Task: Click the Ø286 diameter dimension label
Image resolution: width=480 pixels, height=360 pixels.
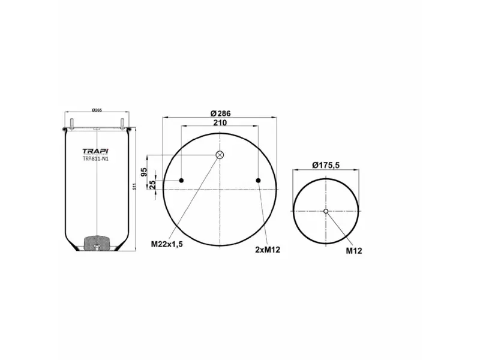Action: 220,113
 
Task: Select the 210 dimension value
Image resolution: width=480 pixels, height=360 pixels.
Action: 220,122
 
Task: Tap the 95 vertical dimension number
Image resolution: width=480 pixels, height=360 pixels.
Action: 144,172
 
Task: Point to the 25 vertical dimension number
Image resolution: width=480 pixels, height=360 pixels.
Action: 152,184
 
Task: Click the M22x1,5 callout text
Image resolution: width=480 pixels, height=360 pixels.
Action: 167,244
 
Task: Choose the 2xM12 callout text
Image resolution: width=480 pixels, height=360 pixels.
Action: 268,249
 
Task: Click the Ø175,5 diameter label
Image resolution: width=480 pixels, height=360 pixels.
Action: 326,165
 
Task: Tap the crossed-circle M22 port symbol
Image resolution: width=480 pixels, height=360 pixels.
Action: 220,155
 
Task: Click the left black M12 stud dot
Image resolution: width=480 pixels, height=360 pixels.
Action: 181,181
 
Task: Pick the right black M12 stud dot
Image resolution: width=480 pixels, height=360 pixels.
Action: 258,181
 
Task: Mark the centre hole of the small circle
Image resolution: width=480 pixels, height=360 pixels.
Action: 326,211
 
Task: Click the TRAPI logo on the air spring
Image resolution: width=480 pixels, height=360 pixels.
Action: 96,151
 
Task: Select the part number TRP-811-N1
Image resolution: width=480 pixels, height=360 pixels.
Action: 96,158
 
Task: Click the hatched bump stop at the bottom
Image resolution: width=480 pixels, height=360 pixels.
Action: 96,243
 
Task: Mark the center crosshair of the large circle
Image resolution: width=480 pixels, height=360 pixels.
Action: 220,189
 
